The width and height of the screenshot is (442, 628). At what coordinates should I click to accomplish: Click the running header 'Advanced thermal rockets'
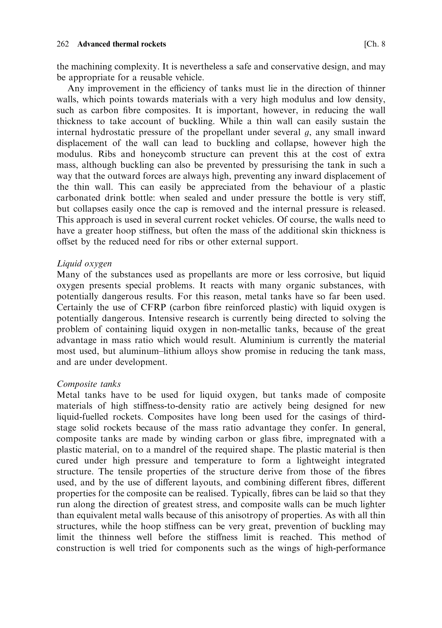(x=122, y=44)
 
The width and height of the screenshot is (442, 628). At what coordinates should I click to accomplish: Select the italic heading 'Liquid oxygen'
(x=84, y=264)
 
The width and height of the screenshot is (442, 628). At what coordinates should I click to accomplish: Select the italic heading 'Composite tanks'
(x=88, y=384)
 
